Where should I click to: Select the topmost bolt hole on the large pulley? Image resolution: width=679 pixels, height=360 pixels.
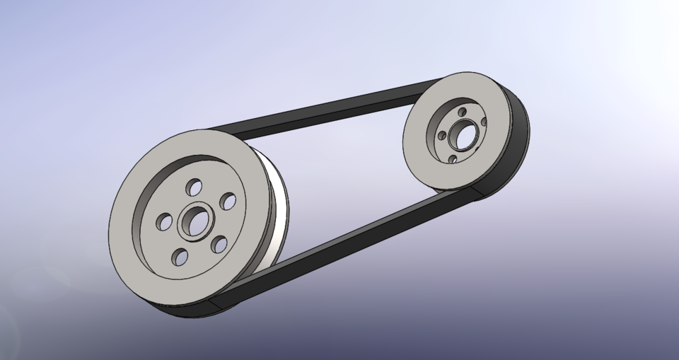pos(193,188)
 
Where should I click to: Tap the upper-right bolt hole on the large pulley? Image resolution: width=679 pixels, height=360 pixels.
pos(228,202)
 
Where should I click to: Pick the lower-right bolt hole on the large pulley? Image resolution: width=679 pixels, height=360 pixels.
pos(219,245)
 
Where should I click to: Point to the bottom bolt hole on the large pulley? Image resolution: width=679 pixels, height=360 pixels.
pos(180,257)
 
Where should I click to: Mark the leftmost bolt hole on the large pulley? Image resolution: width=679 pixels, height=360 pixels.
pos(164,222)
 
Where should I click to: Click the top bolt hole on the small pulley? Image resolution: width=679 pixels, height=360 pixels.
pos(462,112)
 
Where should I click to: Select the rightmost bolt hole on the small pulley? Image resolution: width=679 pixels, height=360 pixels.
pos(484,122)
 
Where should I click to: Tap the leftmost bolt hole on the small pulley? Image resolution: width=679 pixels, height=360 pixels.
pos(441,136)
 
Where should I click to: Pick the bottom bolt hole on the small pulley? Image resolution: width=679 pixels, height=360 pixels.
pos(453,159)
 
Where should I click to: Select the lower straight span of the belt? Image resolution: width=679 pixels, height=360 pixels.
pos(339,240)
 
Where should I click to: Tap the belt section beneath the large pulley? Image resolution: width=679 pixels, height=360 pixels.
pos(184,311)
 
